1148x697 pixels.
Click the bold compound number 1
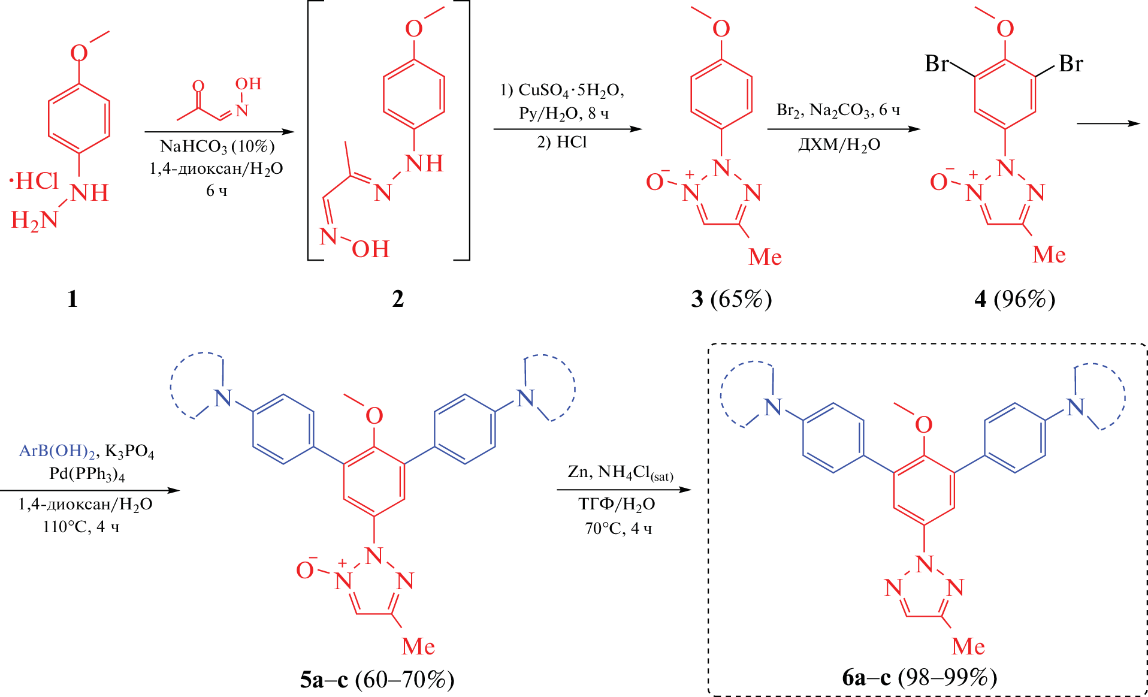(x=72, y=298)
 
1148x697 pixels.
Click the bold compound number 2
(x=398, y=298)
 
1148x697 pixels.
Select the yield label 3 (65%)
(x=731, y=298)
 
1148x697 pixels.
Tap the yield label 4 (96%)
(x=1014, y=298)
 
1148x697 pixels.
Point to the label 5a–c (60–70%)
(x=377, y=680)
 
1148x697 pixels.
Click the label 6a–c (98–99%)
(x=919, y=677)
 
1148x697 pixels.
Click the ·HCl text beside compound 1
(x=34, y=180)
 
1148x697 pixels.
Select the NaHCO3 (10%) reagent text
(x=217, y=146)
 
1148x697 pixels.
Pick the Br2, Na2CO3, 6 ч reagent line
(x=838, y=110)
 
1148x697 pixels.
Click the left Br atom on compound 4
(x=937, y=64)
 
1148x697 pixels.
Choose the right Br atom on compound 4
(x=1071, y=64)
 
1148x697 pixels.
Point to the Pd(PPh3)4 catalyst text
(x=87, y=474)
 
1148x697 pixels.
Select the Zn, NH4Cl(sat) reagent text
(x=620, y=473)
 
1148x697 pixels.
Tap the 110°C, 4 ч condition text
(x=81, y=527)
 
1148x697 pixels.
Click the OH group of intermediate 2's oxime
(x=370, y=249)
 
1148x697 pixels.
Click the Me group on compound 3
(x=765, y=257)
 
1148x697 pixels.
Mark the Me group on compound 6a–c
(x=968, y=646)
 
